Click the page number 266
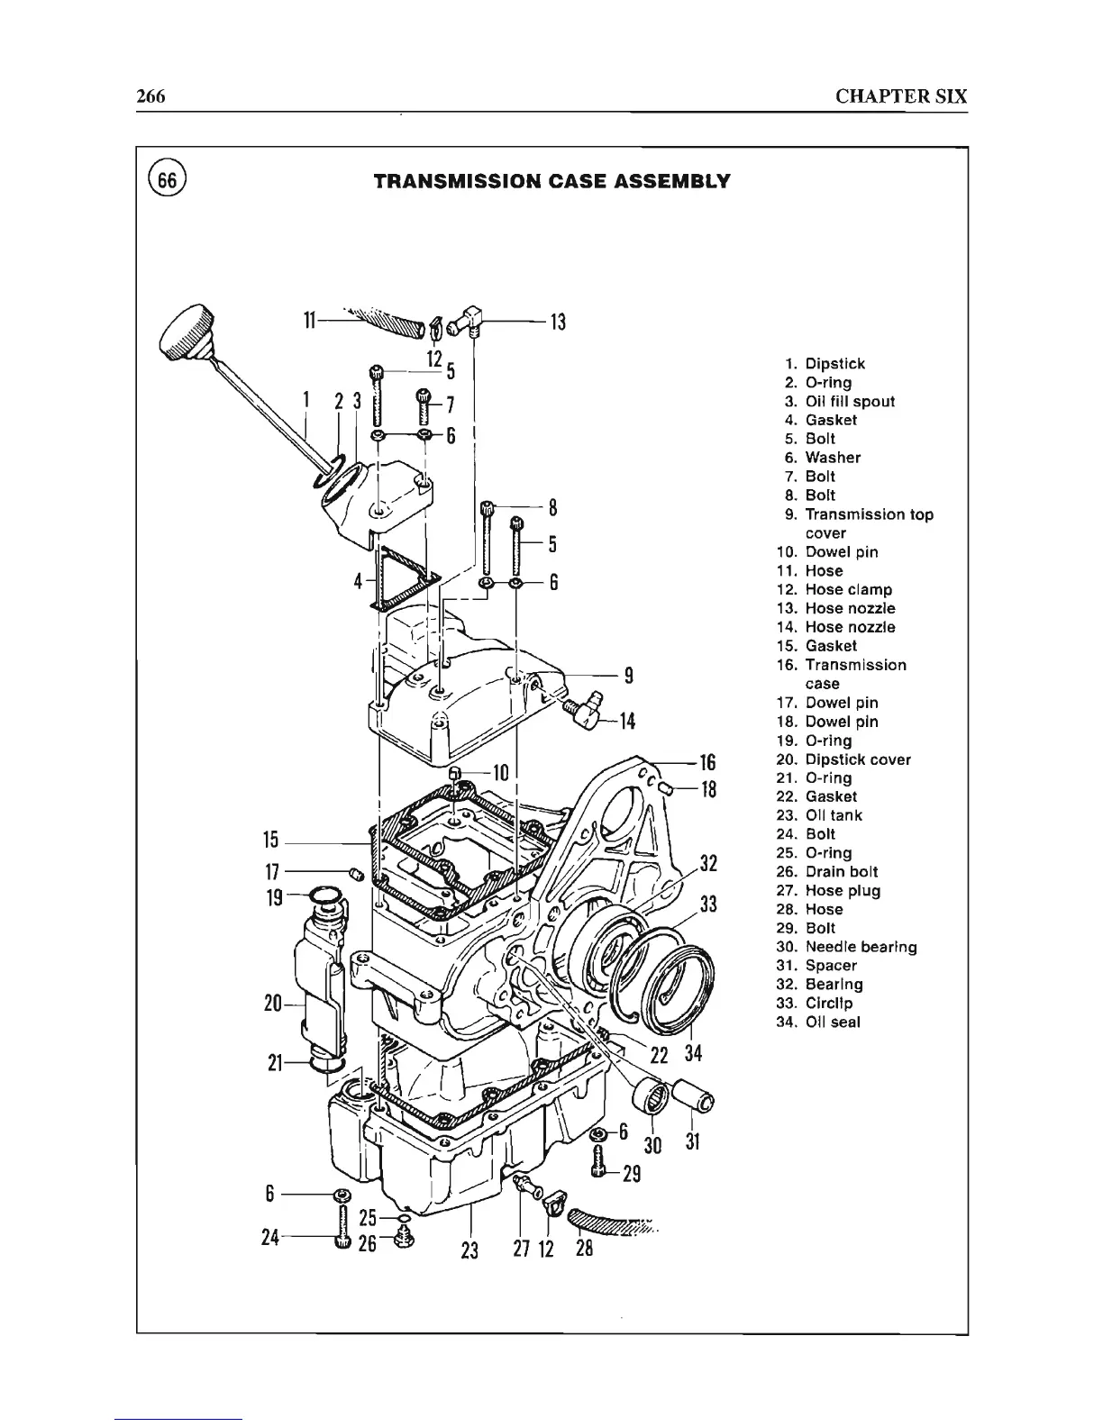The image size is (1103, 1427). [x=150, y=96]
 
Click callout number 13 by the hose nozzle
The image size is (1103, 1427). [x=558, y=322]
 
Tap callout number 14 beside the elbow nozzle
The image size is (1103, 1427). [x=627, y=721]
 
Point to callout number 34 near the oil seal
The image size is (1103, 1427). [x=693, y=1052]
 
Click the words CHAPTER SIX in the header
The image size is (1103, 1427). [x=900, y=96]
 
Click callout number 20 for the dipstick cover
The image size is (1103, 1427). [x=273, y=1003]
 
